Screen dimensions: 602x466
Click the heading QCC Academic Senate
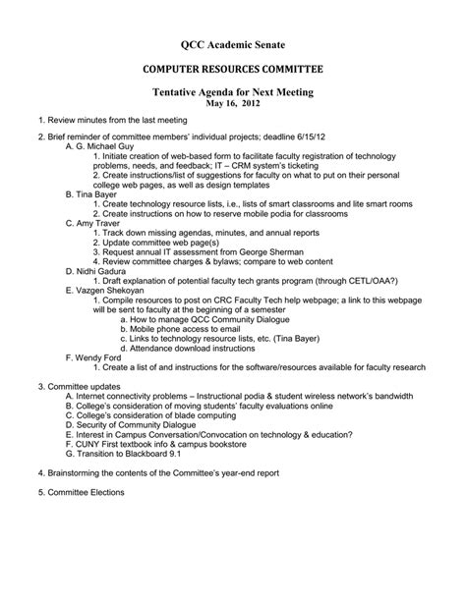click(233, 45)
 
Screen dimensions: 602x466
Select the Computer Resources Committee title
click(233, 71)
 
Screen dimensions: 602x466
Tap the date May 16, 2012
click(233, 102)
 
